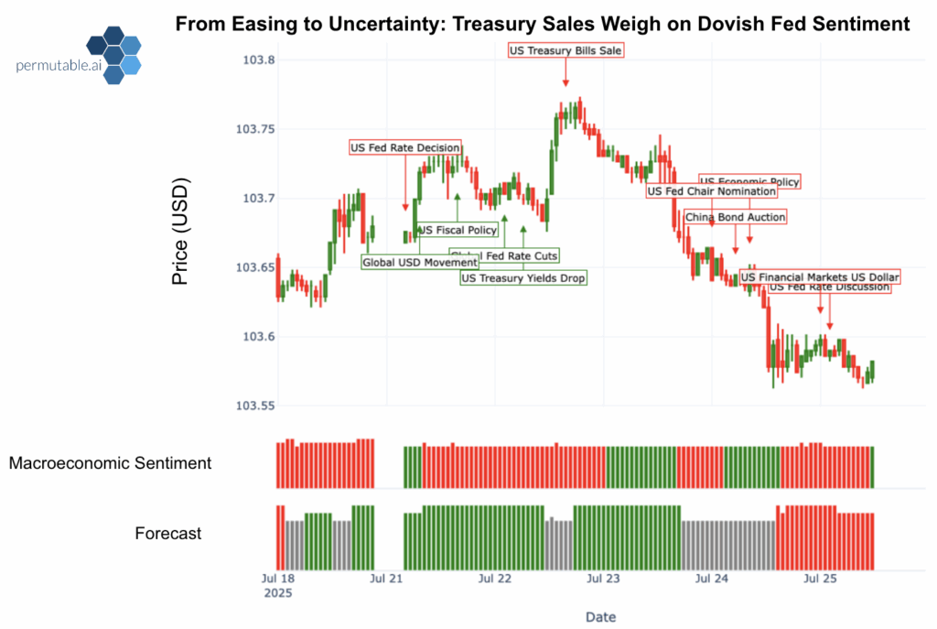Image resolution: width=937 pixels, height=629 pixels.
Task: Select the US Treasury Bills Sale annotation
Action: (x=565, y=50)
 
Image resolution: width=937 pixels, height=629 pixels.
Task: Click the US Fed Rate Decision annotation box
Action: (x=405, y=147)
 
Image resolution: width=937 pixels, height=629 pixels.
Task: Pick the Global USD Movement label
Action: (x=420, y=263)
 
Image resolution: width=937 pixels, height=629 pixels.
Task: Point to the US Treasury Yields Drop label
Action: (x=523, y=277)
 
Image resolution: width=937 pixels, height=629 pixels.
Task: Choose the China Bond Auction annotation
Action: (x=735, y=217)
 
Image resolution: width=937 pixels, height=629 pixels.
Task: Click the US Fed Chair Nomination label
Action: (x=711, y=191)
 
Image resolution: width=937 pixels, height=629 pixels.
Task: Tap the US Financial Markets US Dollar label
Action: (x=820, y=277)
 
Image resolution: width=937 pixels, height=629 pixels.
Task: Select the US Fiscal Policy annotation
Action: (x=457, y=230)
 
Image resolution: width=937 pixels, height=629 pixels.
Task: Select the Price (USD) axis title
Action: (x=180, y=233)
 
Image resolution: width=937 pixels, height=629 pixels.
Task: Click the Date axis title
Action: (x=602, y=617)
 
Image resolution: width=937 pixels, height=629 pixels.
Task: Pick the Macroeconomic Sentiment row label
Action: (x=110, y=463)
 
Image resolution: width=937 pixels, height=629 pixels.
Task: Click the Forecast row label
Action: (x=168, y=533)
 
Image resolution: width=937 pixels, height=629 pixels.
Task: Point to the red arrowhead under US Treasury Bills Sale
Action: (x=565, y=84)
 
